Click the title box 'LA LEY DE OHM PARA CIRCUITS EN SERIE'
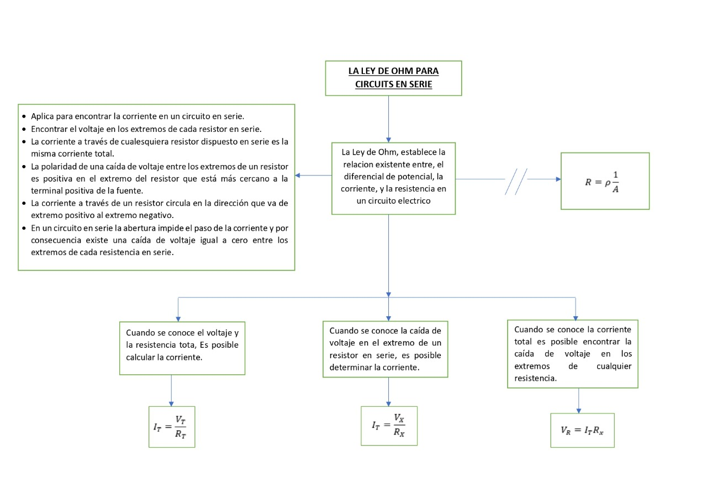pos(393,78)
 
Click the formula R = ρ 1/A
pos(605,181)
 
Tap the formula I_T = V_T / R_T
pos(172,426)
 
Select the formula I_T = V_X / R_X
pos(389,426)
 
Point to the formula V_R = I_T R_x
pos(582,430)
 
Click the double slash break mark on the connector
pos(516,181)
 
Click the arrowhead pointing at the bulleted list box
pos(298,176)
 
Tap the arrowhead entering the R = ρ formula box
pos(557,179)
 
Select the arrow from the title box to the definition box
pos(389,119)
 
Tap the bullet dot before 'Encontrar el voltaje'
pos(24,129)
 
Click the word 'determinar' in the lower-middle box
pos(351,367)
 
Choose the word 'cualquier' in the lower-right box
pos(614,366)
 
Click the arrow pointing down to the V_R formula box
pos(579,400)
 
